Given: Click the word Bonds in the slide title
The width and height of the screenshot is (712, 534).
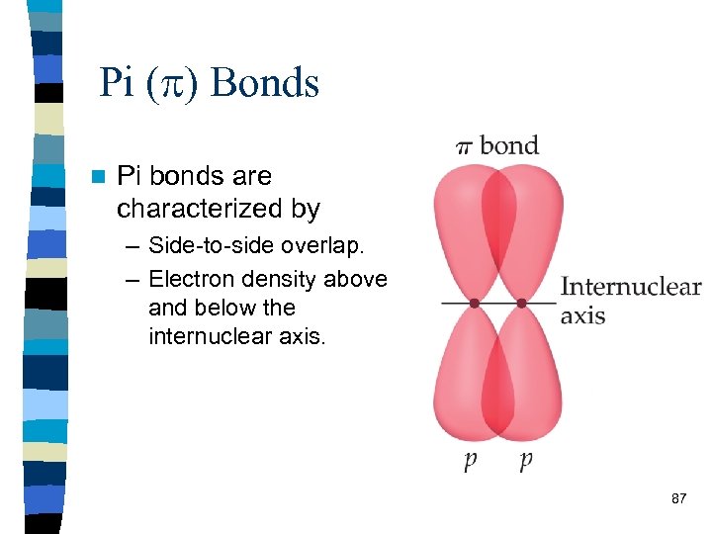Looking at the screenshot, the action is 265,83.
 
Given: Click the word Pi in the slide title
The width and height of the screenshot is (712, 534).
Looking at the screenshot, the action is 117,83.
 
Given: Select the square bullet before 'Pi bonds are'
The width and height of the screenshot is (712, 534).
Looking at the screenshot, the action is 97,178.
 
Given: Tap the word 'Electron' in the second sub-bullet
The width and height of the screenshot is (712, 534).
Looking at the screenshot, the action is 194,280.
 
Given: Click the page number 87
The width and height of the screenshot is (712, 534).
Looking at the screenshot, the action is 678,498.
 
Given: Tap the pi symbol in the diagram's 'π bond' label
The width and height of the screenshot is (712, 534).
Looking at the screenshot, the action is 464,147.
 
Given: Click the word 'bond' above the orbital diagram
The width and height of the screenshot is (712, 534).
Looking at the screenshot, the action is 509,145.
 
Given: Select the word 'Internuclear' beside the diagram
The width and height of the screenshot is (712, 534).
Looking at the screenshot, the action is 630,288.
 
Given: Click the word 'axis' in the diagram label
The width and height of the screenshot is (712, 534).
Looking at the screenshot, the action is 582,316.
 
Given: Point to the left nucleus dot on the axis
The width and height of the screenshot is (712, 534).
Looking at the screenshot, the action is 474,303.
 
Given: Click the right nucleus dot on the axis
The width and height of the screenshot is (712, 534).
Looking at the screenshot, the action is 522,303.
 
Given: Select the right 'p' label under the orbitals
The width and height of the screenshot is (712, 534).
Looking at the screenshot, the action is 525,462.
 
